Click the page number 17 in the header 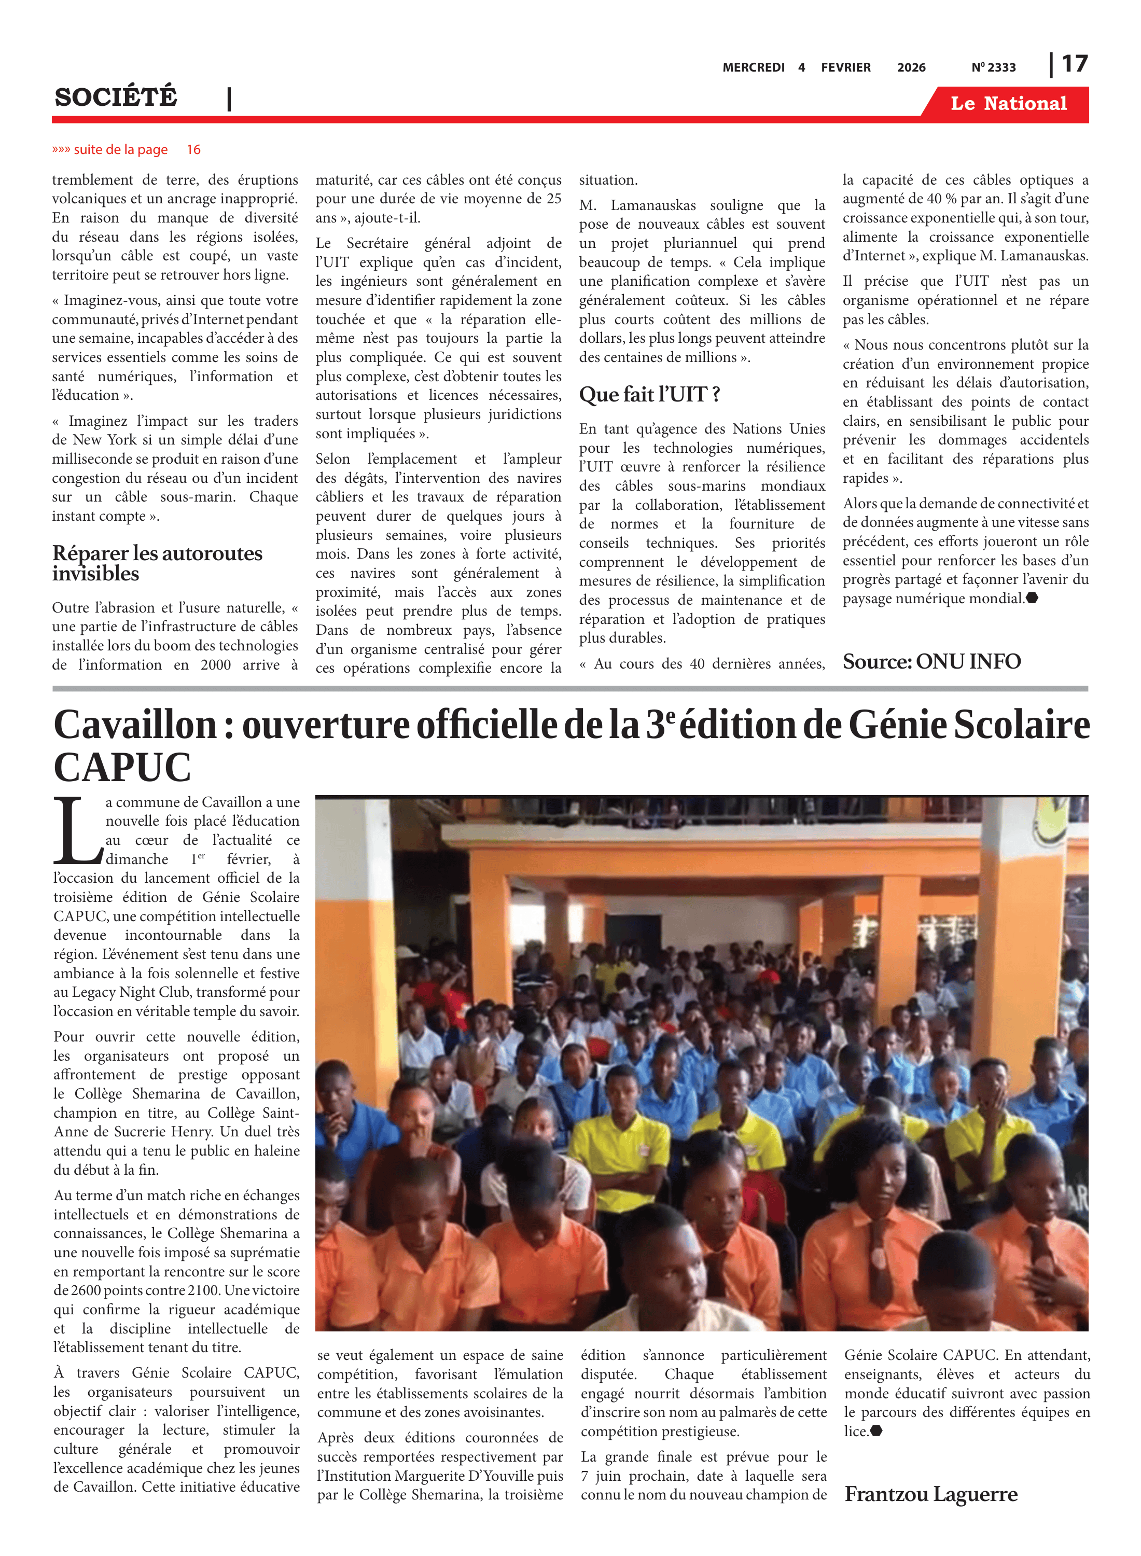(x=1074, y=64)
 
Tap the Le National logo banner (x=1008, y=104)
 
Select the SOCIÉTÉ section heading (x=116, y=96)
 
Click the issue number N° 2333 (x=993, y=67)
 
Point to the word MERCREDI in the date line (x=753, y=67)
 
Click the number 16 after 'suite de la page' (x=193, y=150)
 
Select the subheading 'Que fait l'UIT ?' (x=649, y=394)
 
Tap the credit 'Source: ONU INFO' (x=931, y=662)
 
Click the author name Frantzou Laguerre (x=930, y=1494)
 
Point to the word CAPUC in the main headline (x=122, y=767)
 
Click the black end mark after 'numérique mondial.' (x=1032, y=598)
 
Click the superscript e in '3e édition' (x=671, y=715)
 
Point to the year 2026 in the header (x=911, y=67)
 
